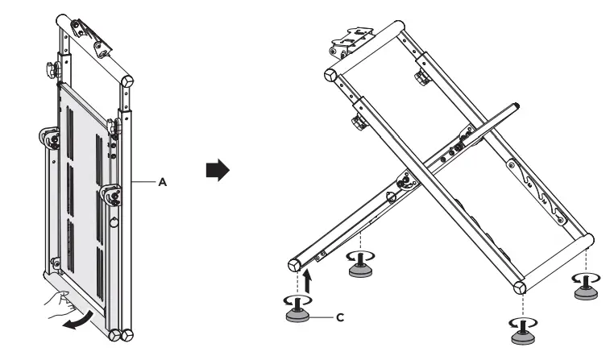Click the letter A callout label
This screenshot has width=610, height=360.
point(163,183)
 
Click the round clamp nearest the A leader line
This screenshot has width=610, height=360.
point(110,193)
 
